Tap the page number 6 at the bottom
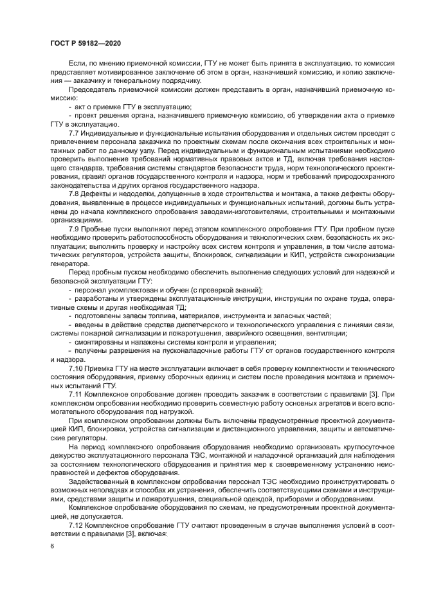click(x=51, y=546)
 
